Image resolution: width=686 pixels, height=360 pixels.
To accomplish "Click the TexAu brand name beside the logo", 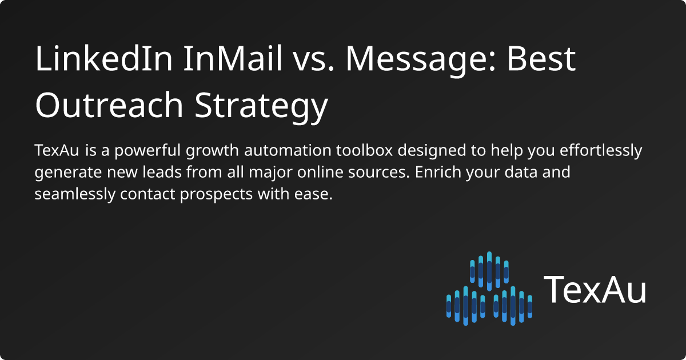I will pos(595,290).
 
